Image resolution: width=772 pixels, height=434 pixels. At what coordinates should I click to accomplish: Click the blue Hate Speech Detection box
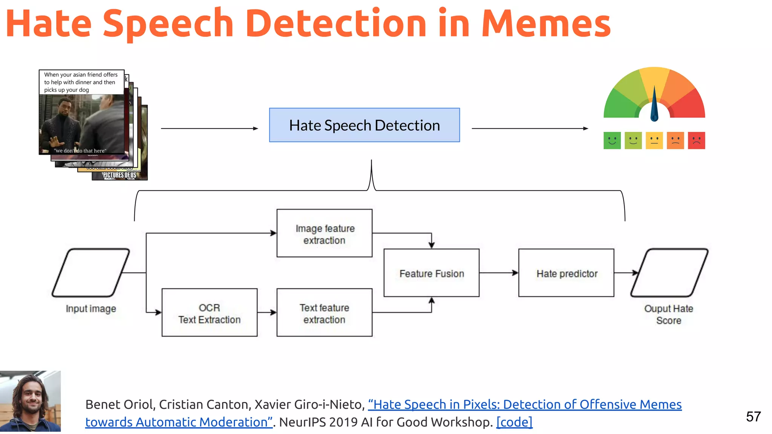coord(364,125)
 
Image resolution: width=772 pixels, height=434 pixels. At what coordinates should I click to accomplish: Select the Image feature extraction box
coord(324,234)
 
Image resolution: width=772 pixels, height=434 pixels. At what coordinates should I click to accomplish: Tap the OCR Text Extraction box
coord(209,313)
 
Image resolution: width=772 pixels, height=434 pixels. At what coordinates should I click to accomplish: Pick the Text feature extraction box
coord(324,313)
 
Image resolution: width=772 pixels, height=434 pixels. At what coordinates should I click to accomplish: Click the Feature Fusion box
coord(431,273)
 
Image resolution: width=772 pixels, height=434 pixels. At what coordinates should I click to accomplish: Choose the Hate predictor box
coord(566,273)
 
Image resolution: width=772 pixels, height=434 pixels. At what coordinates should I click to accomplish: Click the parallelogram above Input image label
coord(91,273)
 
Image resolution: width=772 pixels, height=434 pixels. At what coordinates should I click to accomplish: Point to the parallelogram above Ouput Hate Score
coord(669,273)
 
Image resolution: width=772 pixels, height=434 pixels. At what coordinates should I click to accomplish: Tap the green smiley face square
coord(612,141)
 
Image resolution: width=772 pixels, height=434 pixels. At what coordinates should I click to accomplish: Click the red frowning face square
coord(696,141)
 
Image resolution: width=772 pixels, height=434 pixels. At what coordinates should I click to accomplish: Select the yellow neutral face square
coord(654,141)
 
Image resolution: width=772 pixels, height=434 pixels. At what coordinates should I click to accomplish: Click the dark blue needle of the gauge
coord(654,105)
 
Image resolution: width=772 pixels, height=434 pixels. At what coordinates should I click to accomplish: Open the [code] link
coord(514,422)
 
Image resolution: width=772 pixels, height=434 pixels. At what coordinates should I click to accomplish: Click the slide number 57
coord(753,417)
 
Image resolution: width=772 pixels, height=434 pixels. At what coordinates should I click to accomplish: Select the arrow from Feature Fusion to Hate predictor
coord(499,273)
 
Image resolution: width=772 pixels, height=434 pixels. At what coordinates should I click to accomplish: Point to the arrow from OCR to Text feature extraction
coord(267,312)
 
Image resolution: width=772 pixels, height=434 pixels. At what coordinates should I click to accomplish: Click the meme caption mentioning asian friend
coord(81,82)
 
